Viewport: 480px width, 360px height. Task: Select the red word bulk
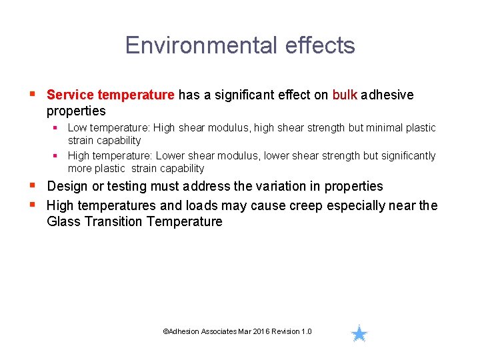[345, 95]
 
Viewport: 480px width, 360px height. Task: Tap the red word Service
[70, 95]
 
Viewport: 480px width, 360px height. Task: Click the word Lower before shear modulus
[171, 155]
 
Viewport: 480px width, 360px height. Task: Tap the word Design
[66, 186]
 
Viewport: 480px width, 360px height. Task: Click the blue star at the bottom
[359, 333]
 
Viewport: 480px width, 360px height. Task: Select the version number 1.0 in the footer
[306, 331]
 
